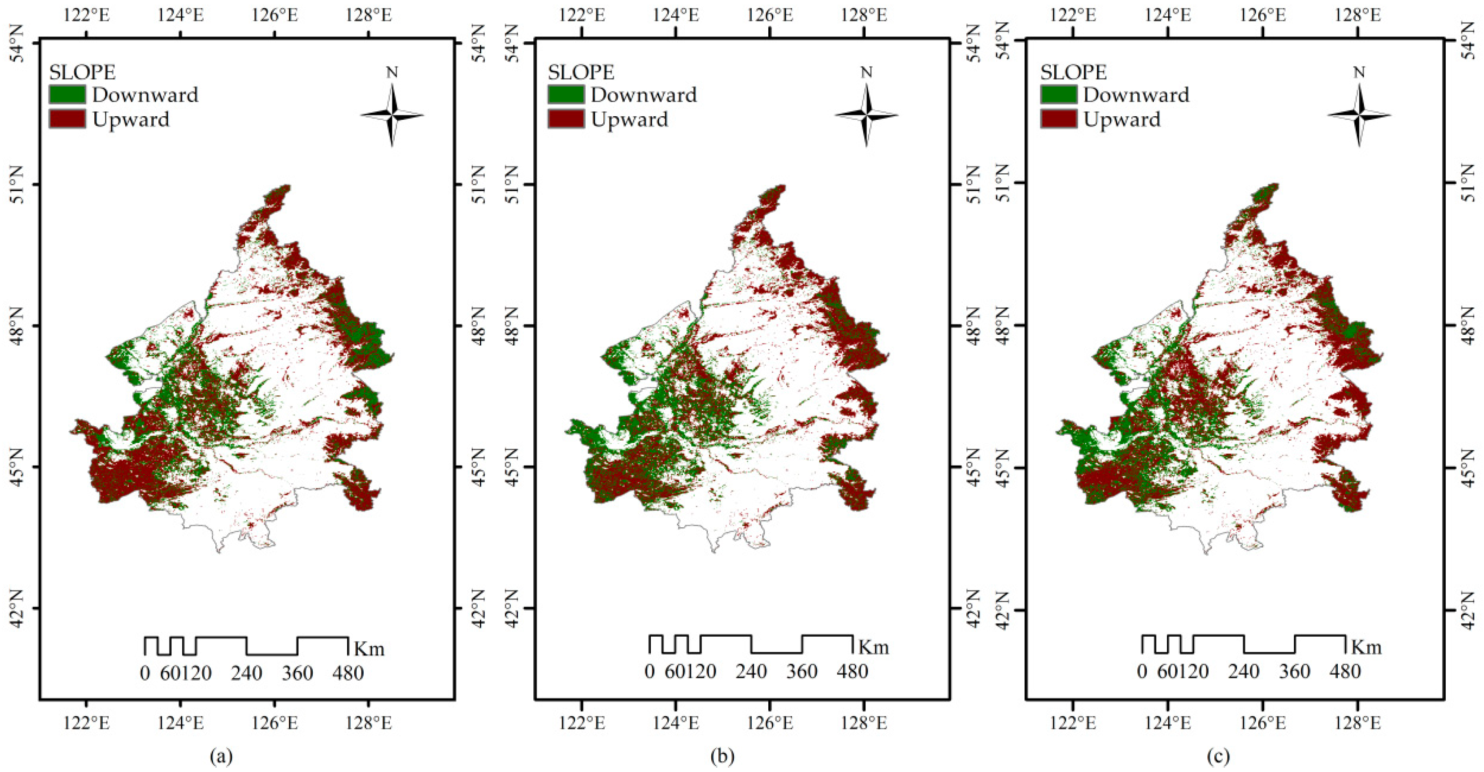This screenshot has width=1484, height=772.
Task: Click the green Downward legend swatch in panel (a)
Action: coord(67,94)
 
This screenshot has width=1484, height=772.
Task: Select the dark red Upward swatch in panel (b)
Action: coord(566,119)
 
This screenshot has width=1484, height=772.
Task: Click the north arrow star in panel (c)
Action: coord(1359,115)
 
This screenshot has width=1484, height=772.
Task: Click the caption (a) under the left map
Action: coord(222,756)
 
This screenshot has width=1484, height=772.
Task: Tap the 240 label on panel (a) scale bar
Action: coord(247,673)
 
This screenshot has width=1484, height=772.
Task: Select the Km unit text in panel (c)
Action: coord(1367,647)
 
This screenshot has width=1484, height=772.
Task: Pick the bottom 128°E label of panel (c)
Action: coord(1357,722)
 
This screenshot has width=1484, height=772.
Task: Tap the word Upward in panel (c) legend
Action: coord(1122,119)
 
